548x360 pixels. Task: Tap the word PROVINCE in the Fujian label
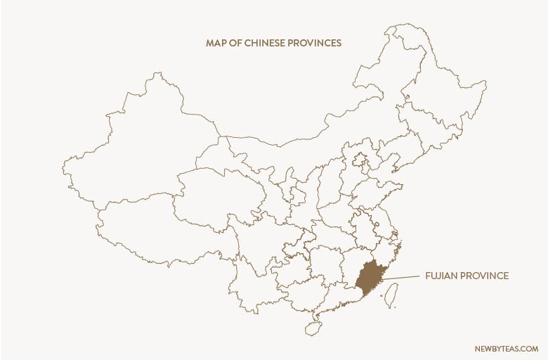coord(485,276)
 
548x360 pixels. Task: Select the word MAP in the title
coord(215,43)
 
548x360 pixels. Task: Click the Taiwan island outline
coord(392,295)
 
